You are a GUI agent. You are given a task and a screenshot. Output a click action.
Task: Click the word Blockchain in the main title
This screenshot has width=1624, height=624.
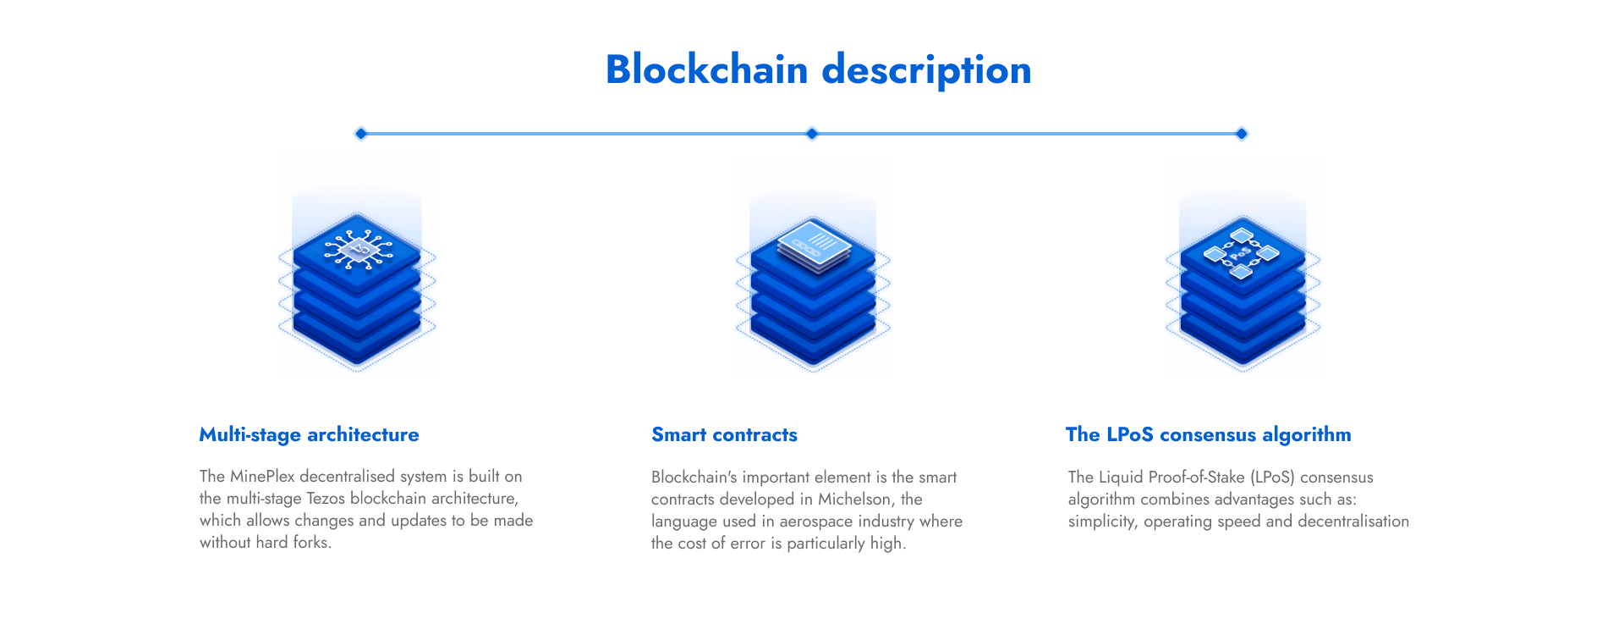coord(707,69)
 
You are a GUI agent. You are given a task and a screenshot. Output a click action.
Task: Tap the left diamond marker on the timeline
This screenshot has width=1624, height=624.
coord(361,134)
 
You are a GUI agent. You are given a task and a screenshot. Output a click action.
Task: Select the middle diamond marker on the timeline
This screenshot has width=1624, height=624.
coord(812,134)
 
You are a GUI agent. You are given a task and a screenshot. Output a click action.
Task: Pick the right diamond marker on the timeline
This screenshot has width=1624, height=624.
coord(1242,134)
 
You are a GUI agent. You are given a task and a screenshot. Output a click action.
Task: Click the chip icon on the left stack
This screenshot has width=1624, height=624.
coord(359,248)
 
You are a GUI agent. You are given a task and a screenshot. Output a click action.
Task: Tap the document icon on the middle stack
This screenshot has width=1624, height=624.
coord(814,246)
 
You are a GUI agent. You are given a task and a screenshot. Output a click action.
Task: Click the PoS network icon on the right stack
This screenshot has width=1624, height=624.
coord(1241,252)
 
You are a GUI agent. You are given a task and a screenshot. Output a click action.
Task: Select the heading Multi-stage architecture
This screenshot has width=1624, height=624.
coord(309,435)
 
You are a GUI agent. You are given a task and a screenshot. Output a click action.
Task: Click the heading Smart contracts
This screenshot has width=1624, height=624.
coord(724,434)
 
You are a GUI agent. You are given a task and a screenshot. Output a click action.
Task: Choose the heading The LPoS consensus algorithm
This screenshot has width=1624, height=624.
coord(1208,435)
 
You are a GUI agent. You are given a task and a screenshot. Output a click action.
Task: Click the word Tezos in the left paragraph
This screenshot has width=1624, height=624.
coord(326,498)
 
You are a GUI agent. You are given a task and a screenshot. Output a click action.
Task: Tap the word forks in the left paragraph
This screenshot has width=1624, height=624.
coord(312,542)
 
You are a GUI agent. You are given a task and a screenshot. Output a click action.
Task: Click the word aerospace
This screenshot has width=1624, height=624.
coord(816,522)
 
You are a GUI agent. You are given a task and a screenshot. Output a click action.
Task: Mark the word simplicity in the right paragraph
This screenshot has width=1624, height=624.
coord(1102,522)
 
